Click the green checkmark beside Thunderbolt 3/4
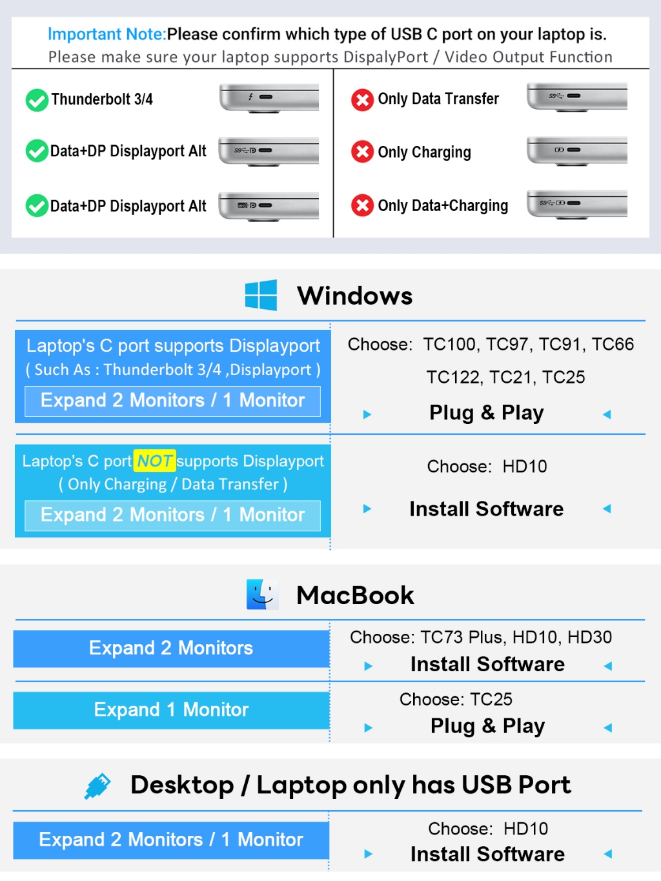coord(37,100)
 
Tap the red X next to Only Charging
coord(362,152)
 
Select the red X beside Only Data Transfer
coord(362,99)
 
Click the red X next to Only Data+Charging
coord(362,205)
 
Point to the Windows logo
coord(261,295)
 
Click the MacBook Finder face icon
coord(263,594)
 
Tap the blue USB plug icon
coord(97,785)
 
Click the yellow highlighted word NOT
coord(154,461)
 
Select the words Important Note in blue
coord(107,34)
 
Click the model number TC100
coord(449,345)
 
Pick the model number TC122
coord(452,378)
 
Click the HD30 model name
coord(589,638)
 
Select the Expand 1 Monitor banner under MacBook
coord(171,710)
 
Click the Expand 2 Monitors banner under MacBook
coord(171,649)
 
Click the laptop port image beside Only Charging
coord(576,151)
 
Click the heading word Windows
coord(355,296)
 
